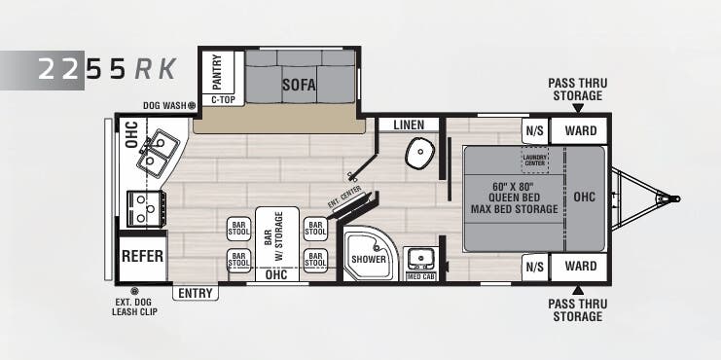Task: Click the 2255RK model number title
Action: click(107, 70)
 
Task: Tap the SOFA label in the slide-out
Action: click(300, 84)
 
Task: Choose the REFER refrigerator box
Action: click(142, 258)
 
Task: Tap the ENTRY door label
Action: click(196, 293)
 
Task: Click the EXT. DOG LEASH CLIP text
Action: click(135, 306)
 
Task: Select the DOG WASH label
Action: click(164, 105)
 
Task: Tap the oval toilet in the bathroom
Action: click(421, 152)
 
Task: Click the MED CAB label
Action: click(419, 276)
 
